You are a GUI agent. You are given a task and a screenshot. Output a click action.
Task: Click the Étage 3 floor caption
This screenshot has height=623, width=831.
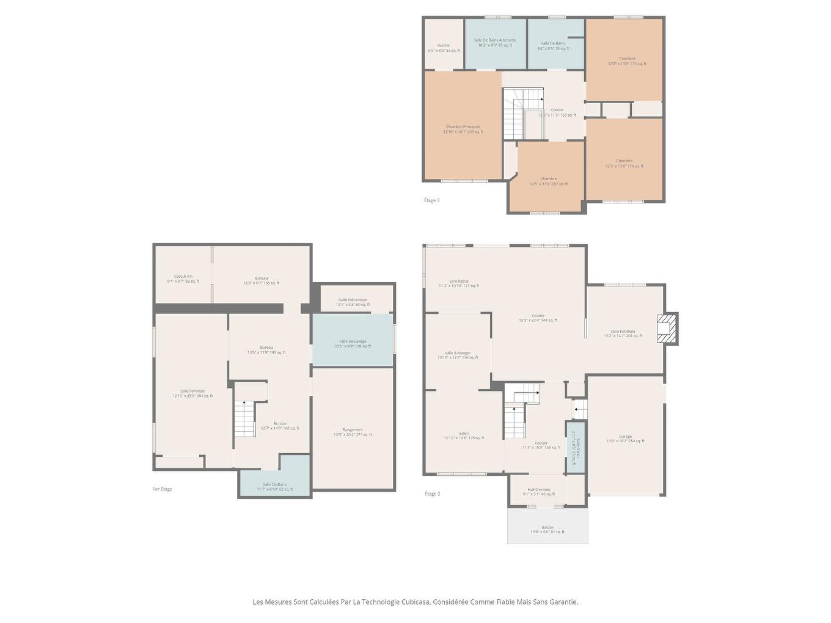click(431, 200)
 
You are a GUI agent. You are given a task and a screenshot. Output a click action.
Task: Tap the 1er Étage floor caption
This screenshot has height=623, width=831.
click(163, 489)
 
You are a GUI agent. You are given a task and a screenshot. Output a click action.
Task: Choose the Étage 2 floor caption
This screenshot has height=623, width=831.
click(432, 494)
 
